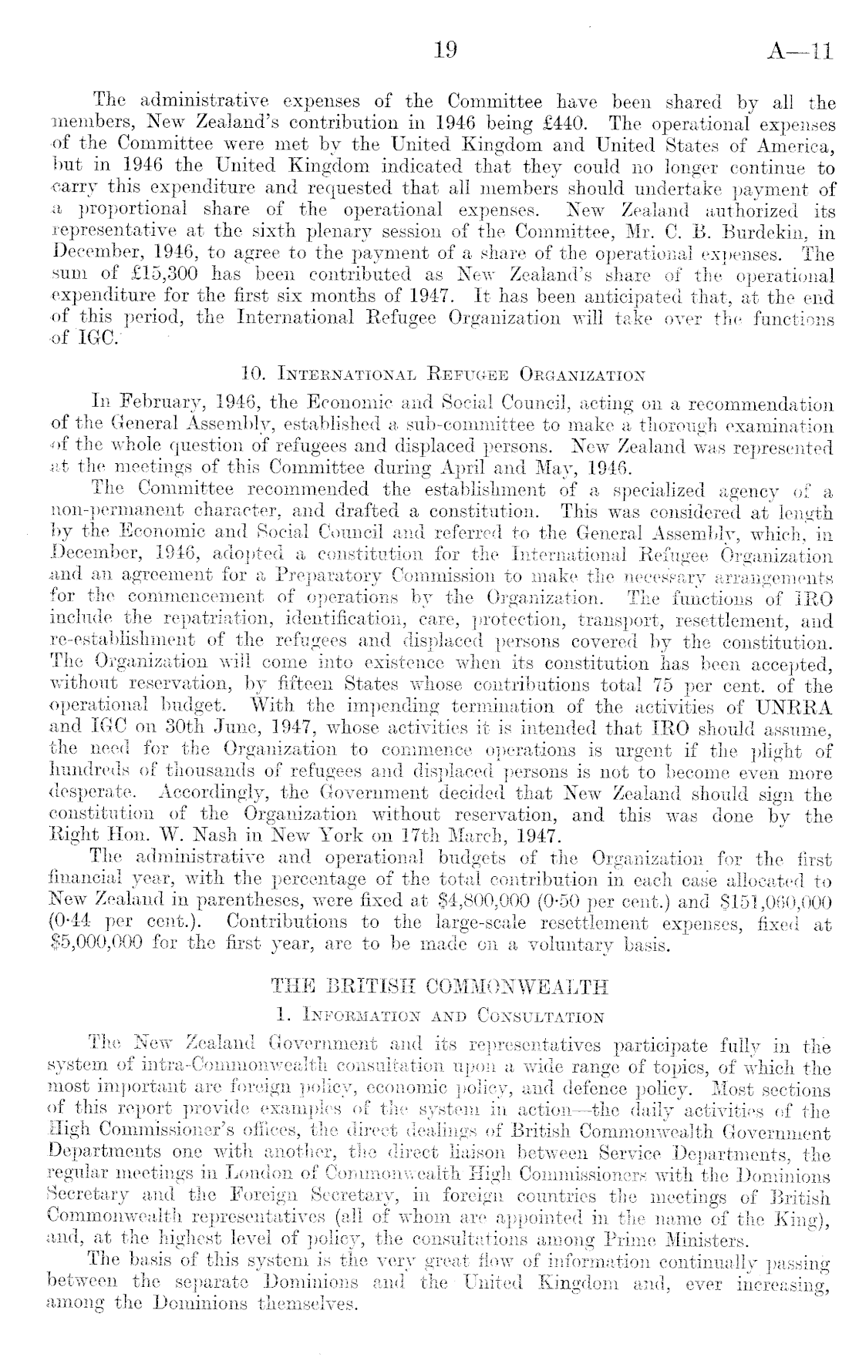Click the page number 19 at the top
[x=445, y=51]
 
